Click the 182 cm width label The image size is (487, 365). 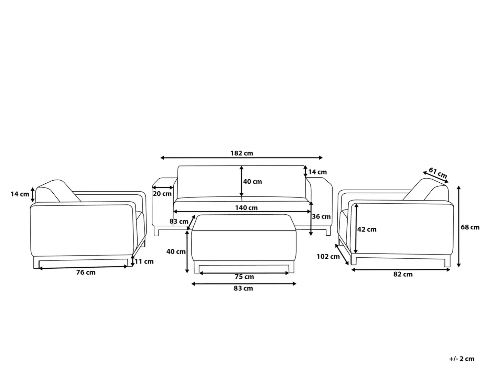(242, 153)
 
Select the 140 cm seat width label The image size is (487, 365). (246, 208)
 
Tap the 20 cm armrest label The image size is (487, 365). (162, 194)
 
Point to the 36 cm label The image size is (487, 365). (321, 216)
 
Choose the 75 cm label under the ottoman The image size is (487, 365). (244, 277)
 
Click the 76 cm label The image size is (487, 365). (86, 272)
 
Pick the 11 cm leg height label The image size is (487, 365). (144, 261)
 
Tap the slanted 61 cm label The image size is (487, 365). (438, 173)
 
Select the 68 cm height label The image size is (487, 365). (470, 227)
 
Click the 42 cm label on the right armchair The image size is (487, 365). (367, 229)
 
